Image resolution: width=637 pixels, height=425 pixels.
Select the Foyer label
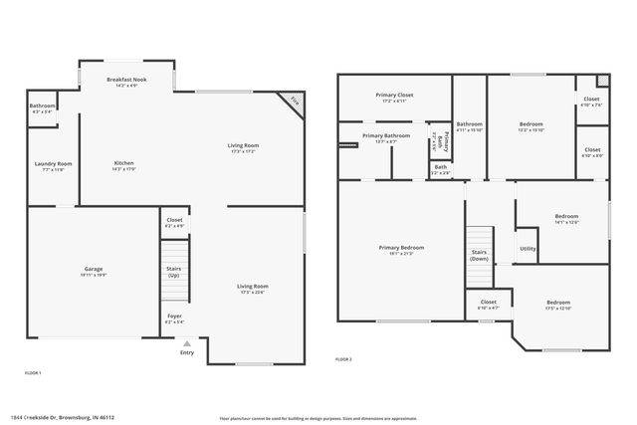(x=173, y=319)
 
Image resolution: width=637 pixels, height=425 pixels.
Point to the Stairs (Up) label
(x=173, y=270)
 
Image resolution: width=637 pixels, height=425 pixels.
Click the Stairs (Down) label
(x=479, y=255)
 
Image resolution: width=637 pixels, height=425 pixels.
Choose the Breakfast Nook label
(x=126, y=82)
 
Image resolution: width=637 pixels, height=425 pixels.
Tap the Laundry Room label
(x=54, y=166)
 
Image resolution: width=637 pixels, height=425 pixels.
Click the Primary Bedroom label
(x=401, y=250)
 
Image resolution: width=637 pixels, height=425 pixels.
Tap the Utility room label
(x=528, y=249)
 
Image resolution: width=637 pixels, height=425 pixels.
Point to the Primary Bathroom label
(x=386, y=138)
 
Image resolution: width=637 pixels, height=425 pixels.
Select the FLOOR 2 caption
(x=343, y=358)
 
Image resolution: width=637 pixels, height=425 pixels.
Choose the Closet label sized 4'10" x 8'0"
(x=591, y=151)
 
